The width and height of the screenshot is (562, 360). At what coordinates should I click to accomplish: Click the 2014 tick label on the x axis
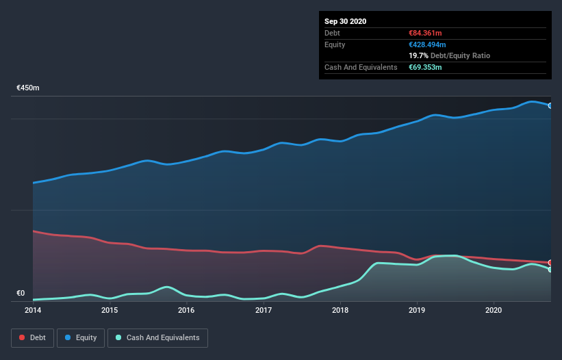(32, 310)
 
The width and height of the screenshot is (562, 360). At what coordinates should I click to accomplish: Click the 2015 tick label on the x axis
(110, 310)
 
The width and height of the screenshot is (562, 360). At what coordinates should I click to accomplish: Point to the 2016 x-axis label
(186, 310)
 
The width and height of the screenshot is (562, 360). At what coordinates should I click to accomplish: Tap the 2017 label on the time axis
(264, 310)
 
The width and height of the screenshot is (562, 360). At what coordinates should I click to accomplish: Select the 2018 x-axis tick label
(340, 310)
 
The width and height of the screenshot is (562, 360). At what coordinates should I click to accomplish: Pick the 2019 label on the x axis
(417, 310)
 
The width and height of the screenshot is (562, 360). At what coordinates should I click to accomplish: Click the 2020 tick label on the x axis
(494, 310)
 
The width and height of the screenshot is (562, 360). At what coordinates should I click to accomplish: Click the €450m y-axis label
(28, 88)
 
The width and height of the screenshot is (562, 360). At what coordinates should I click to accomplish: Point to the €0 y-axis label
(21, 294)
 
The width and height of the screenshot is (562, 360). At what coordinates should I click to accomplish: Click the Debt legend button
(31, 337)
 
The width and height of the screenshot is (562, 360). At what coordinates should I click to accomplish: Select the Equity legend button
(81, 337)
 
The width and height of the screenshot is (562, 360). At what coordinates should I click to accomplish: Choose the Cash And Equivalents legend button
(157, 337)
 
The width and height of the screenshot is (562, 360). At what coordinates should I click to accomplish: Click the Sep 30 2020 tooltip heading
(345, 21)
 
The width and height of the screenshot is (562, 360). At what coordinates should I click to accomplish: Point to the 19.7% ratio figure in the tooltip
(418, 55)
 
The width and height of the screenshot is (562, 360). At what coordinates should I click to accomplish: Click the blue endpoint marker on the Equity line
(550, 105)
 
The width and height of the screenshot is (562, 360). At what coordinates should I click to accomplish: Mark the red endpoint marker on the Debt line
(550, 263)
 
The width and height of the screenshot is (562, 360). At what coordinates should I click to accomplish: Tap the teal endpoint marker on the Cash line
(550, 270)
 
